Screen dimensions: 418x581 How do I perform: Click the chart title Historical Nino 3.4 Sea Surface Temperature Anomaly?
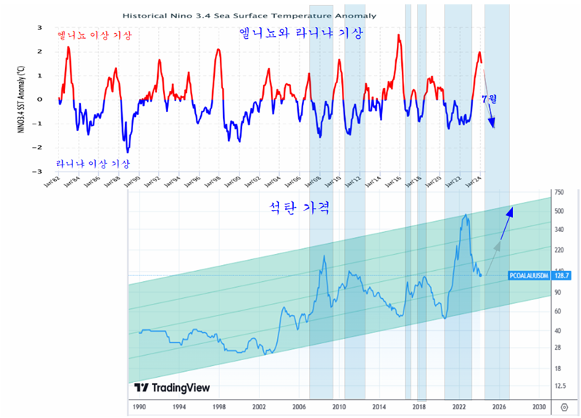pos(250,15)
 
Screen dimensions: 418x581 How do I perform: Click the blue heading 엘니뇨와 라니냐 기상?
pos(300,34)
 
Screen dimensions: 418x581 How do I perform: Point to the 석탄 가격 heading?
pos(301,208)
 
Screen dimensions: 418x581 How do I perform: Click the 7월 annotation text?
pos(489,98)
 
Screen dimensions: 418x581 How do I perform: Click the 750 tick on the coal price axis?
pos(560,193)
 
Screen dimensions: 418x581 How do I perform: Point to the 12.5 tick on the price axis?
pos(561,386)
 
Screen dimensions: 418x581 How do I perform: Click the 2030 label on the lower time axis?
pos(539,406)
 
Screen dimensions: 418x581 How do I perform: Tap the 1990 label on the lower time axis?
pos(138,406)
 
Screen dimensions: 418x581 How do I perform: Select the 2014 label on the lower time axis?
pos(379,406)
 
